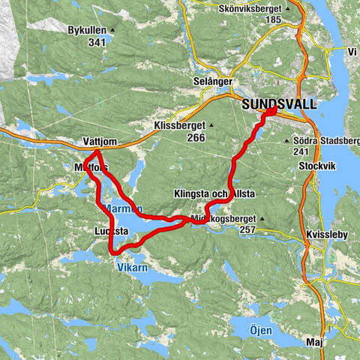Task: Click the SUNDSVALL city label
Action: click(278, 105)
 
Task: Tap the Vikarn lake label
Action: click(128, 265)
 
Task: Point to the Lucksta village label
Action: click(112, 231)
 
